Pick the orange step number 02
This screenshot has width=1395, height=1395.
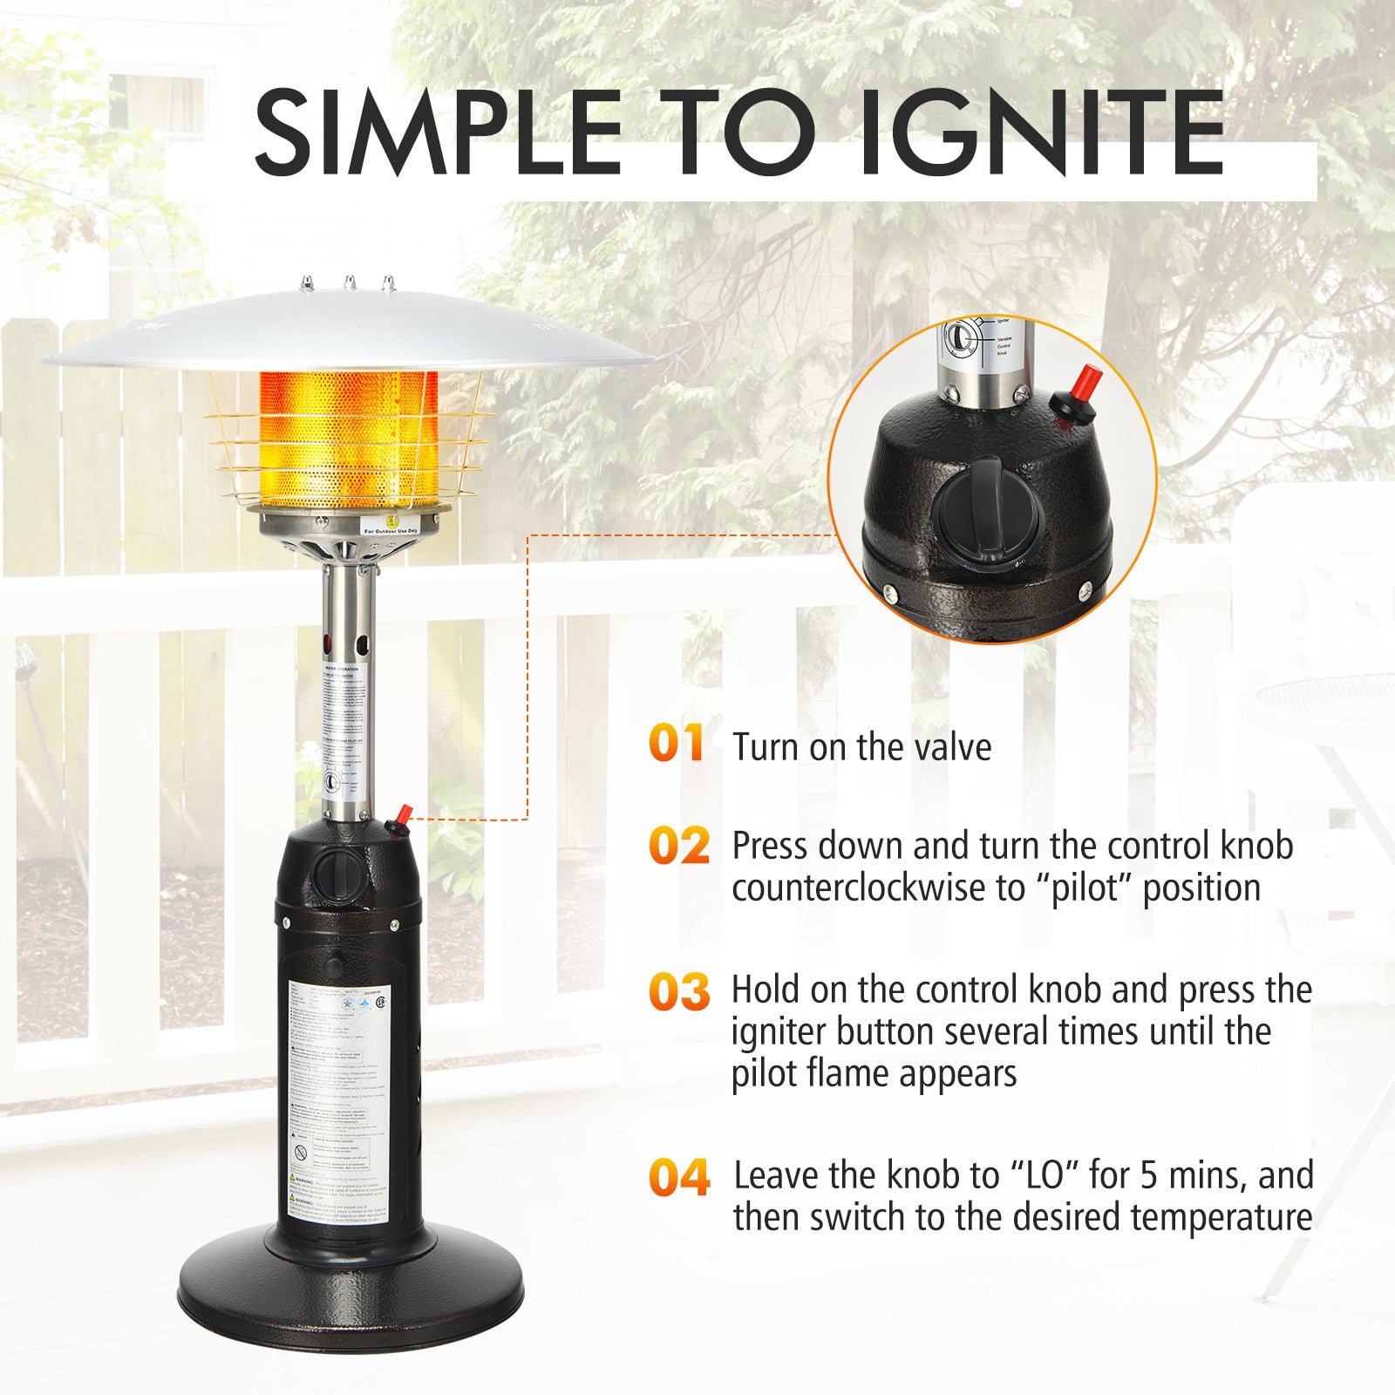point(679,846)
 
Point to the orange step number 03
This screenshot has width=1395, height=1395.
point(679,991)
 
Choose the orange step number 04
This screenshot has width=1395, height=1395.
point(679,1177)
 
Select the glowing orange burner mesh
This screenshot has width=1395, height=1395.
point(349,439)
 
